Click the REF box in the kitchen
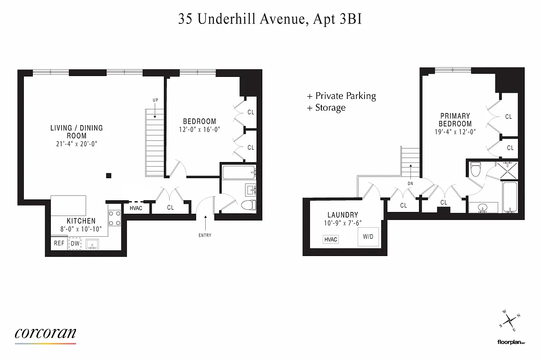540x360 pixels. coord(59,243)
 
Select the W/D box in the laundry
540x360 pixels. coord(368,237)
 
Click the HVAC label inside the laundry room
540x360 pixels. coord(331,239)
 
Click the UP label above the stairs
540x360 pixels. coord(155,100)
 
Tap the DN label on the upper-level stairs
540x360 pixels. coord(411,183)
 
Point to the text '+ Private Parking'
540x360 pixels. coord(341,96)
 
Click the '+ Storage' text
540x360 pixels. coord(326,108)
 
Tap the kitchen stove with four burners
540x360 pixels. coord(114,218)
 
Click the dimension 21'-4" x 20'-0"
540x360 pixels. coord(76,144)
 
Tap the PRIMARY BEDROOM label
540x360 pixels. coord(455,120)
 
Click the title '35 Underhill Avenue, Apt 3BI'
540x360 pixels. coord(270,19)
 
